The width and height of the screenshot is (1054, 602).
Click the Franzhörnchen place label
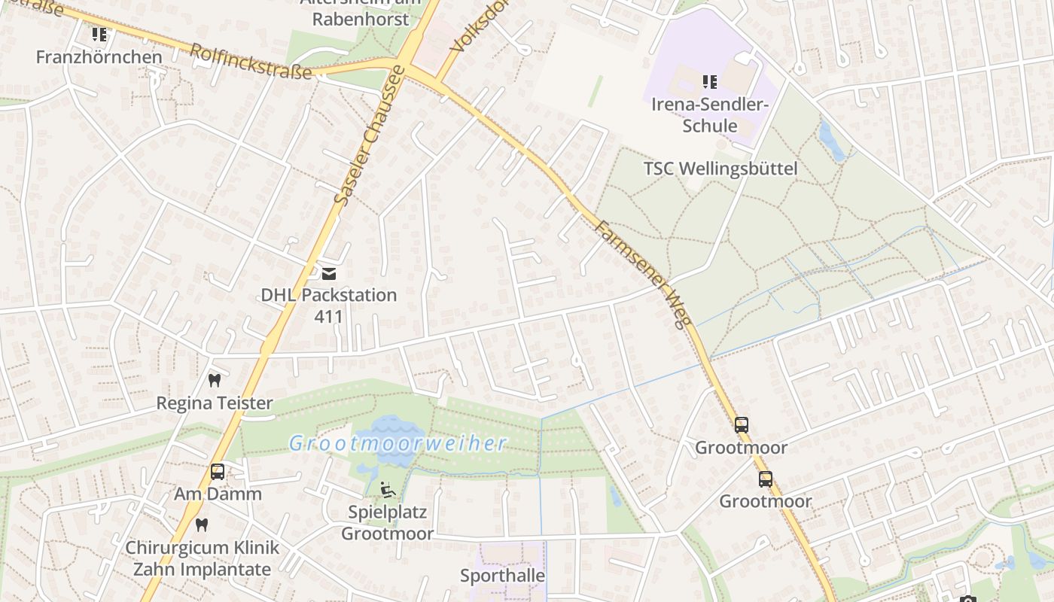point(99,57)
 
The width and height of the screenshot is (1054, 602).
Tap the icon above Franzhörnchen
point(99,35)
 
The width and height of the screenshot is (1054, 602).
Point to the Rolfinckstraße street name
point(250,61)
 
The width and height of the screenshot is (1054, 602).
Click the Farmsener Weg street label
point(642,275)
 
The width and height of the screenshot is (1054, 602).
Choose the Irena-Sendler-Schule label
point(709,114)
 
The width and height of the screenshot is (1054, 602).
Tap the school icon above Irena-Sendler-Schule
point(709,81)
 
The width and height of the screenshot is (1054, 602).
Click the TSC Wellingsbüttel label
point(720,169)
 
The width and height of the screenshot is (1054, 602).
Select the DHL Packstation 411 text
point(328,305)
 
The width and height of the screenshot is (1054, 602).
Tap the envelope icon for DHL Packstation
point(329,273)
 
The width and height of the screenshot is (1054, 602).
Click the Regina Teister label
point(214,403)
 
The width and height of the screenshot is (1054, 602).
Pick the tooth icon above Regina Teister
point(214,381)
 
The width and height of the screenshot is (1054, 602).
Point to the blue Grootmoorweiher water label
point(398,443)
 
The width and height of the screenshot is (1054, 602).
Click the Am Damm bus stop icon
point(218,472)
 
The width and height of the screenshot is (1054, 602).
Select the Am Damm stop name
point(218,494)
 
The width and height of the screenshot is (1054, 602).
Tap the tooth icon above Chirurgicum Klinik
point(201,524)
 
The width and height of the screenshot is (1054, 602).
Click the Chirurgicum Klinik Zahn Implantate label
point(202,558)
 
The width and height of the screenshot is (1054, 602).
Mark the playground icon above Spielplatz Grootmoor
point(387,490)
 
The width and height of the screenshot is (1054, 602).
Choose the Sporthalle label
point(502,576)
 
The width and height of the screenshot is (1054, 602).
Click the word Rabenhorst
point(361,19)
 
